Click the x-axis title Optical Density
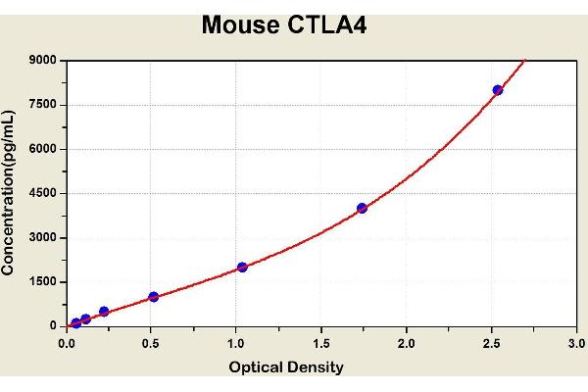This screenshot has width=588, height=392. (x=286, y=367)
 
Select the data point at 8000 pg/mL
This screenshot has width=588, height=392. (x=498, y=90)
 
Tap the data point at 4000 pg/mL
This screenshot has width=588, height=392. (x=362, y=208)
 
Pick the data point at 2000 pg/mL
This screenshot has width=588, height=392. (x=242, y=267)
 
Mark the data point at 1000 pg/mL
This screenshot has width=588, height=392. (x=153, y=297)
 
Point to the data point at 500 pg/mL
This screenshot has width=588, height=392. (x=104, y=312)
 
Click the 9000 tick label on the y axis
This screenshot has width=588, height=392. (x=43, y=61)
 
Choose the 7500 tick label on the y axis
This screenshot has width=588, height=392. (x=43, y=105)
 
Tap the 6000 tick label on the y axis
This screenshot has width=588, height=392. (x=43, y=149)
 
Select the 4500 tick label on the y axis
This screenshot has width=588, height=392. (x=43, y=193)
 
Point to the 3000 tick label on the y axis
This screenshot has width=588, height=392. (x=43, y=237)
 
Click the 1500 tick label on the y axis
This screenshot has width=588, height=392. (x=43, y=281)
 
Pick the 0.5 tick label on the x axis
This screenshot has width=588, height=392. (x=151, y=343)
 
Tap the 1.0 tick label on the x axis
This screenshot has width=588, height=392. (x=236, y=343)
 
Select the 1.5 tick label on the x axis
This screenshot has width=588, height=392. (x=320, y=343)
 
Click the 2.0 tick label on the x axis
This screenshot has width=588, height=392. (x=406, y=343)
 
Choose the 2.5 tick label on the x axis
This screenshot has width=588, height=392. (x=491, y=343)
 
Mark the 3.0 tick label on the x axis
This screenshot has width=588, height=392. (x=575, y=343)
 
